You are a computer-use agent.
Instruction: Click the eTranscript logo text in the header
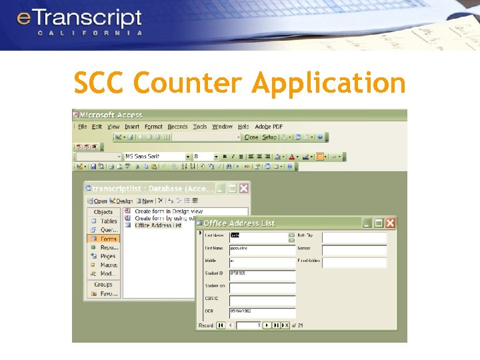tap(79, 18)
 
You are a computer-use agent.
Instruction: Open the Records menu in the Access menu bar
tap(177, 127)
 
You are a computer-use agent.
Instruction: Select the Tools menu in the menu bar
tap(200, 127)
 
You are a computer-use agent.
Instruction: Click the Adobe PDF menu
tap(269, 127)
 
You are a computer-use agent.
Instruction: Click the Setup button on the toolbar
tap(269, 137)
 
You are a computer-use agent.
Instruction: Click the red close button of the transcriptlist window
tap(244, 189)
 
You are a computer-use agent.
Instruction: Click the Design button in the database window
tap(122, 201)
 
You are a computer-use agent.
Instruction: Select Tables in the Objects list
tap(109, 221)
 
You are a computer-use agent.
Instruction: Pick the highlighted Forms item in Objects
tap(108, 239)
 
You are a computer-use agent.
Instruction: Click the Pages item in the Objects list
tap(108, 256)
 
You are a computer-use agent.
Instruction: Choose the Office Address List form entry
tap(158, 225)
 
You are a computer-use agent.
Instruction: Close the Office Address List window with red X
tap(390, 223)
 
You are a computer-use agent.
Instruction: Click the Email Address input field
tap(354, 262)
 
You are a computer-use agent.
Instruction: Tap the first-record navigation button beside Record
tap(220, 325)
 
